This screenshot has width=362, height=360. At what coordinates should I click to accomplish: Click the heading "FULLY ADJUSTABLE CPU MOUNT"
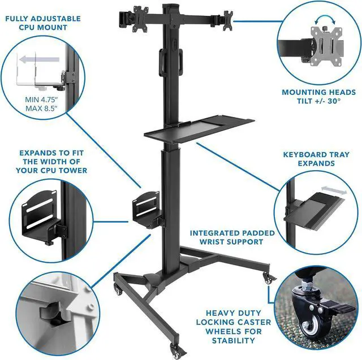[x=43, y=23]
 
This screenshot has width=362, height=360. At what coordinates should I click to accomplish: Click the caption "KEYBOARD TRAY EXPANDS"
[x=317, y=159]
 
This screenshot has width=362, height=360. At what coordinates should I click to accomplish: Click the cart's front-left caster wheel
[x=119, y=289]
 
